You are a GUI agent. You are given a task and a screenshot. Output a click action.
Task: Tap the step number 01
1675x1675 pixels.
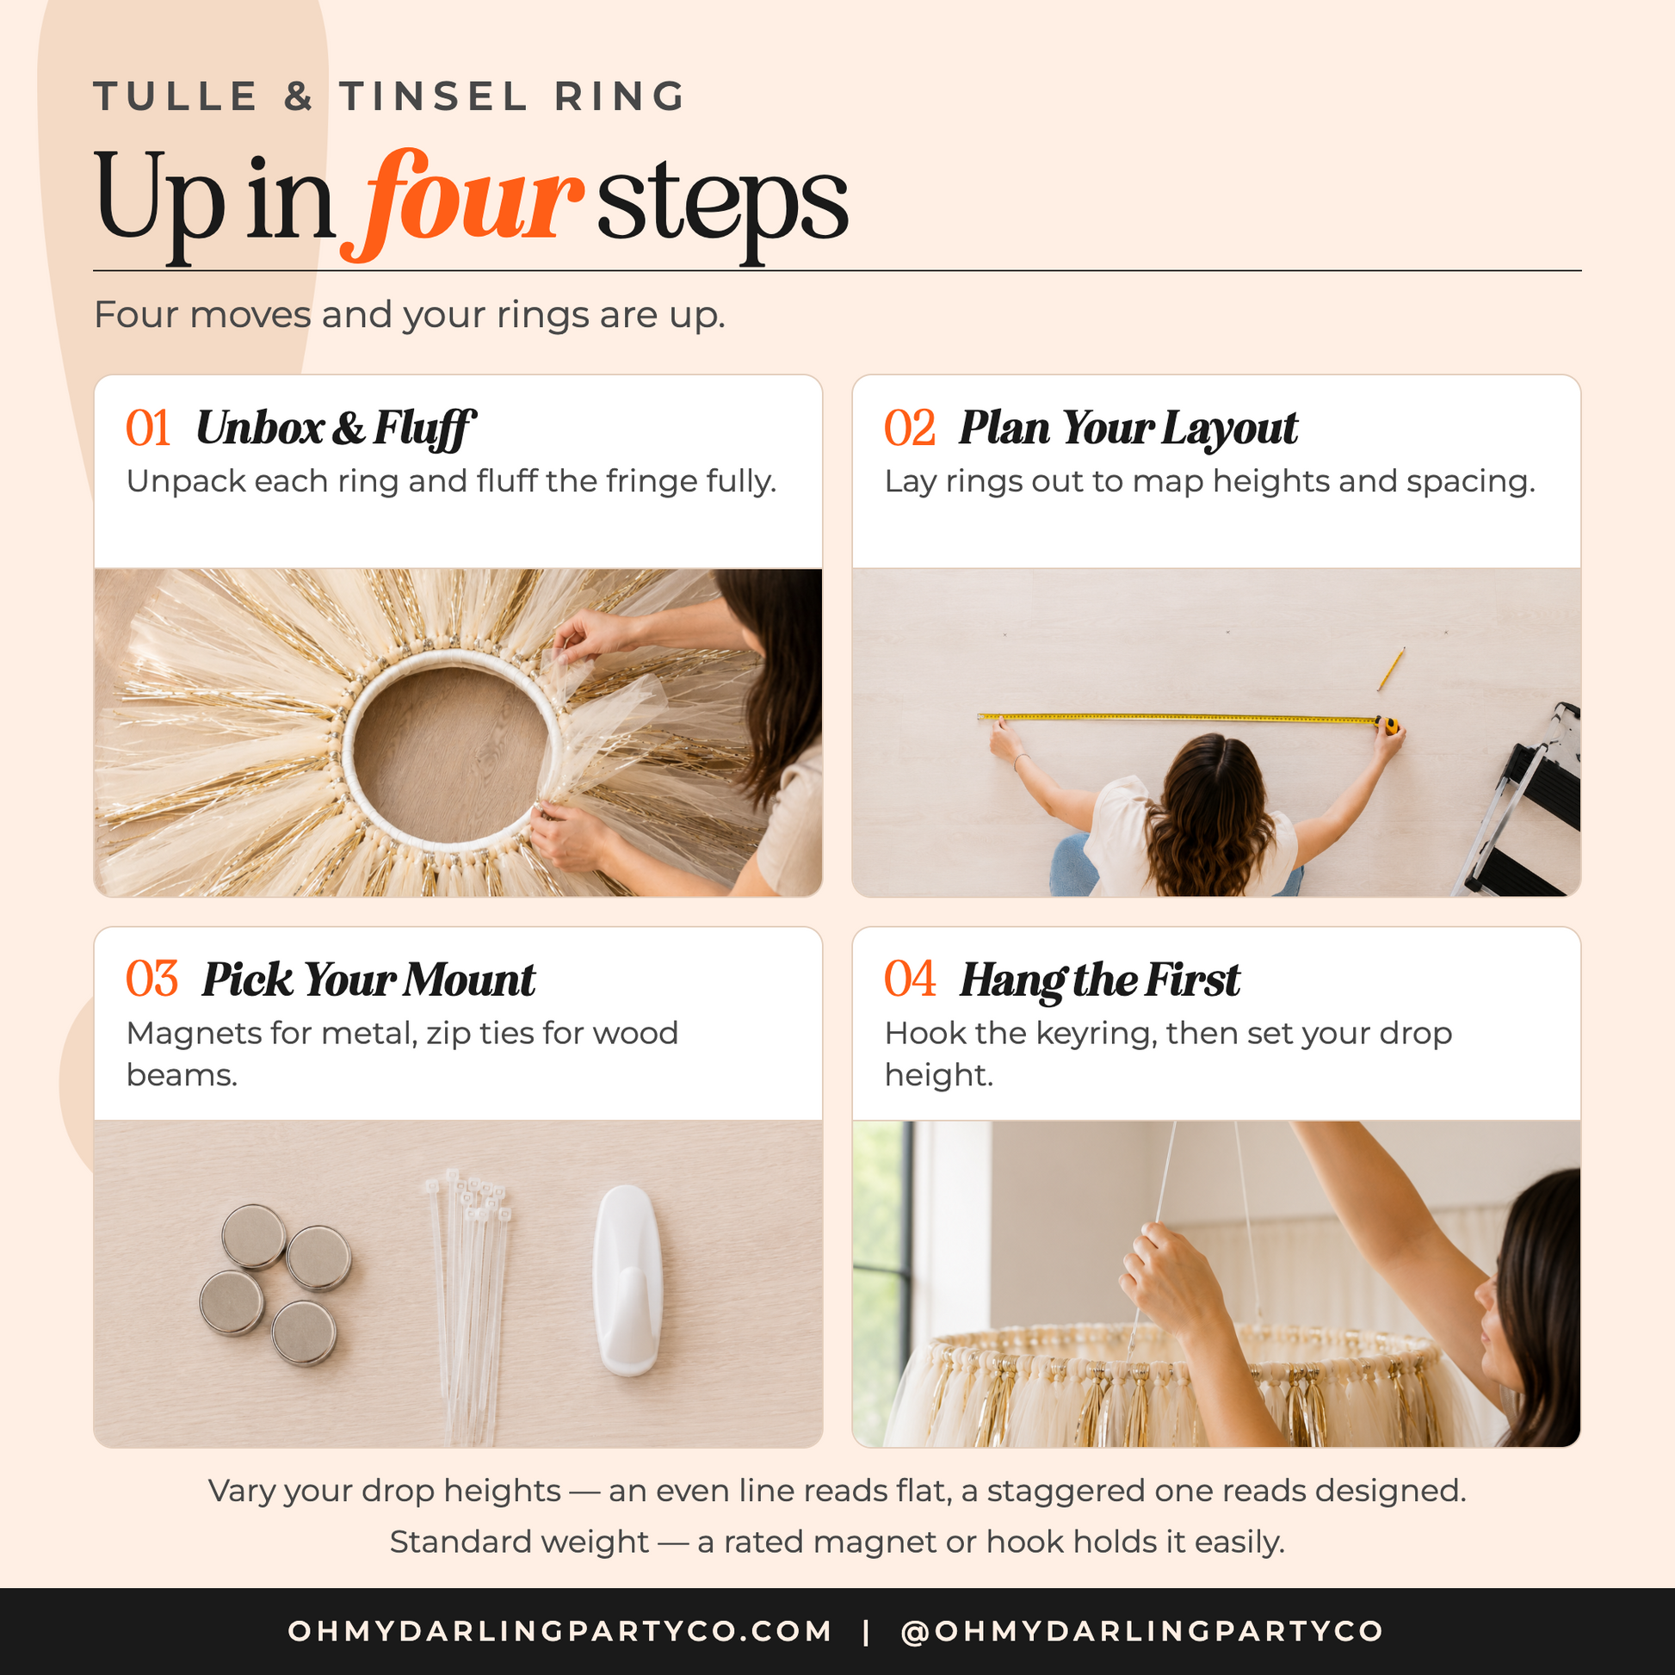coord(148,429)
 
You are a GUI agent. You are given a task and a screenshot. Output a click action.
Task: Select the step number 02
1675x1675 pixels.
coord(910,429)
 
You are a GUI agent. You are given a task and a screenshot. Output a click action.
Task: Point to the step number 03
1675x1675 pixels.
coord(151,980)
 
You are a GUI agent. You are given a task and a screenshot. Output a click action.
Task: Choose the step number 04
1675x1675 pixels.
coord(910,980)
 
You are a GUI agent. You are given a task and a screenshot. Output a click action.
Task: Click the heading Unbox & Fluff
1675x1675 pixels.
coord(337,430)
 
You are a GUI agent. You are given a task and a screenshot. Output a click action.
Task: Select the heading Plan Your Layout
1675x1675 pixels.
coord(1128,429)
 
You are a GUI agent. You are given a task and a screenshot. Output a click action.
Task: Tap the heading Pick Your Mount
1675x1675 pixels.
coord(368,980)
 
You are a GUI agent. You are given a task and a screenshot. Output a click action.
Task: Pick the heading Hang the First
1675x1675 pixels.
coord(1099,980)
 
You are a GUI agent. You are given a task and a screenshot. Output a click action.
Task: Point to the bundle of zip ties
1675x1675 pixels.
coord(467,1305)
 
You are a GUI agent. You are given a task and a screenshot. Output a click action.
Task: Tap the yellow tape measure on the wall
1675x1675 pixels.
coord(1188,720)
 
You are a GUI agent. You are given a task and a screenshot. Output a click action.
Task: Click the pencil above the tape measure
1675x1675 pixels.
coord(1391,670)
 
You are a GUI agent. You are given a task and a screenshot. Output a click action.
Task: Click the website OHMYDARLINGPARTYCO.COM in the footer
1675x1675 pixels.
coord(560,1631)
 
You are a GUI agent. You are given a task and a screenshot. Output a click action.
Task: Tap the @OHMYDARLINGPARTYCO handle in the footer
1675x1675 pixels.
coord(1142,1631)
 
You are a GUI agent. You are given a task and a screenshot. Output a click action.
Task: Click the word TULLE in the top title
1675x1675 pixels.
coord(176,96)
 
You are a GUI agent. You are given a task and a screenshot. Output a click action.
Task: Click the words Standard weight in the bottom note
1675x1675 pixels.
coord(519,1542)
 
